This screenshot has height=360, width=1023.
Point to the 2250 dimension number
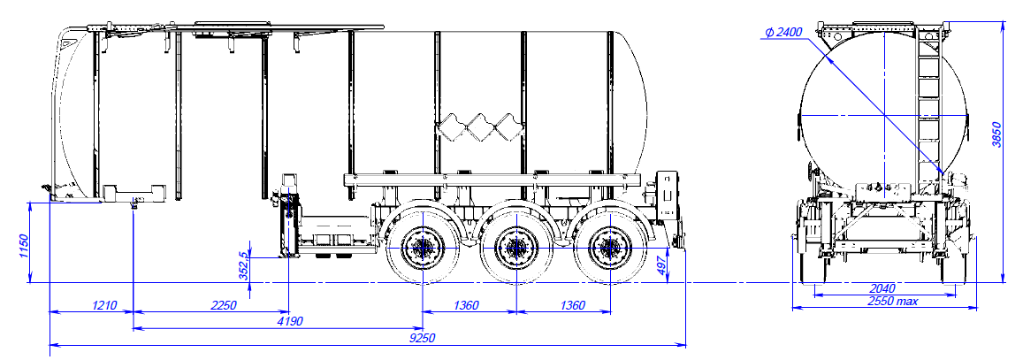[223, 306]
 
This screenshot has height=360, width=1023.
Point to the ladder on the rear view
[928, 106]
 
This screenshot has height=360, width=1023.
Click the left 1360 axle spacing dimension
[466, 306]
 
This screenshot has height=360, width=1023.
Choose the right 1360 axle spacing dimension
[561, 306]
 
